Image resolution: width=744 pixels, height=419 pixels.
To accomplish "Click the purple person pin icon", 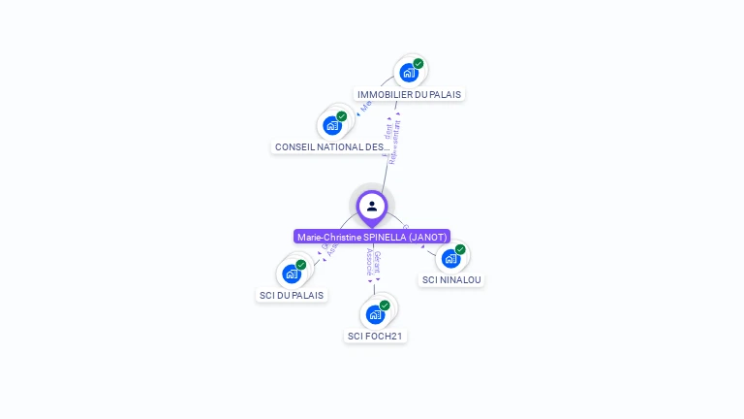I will coord(372,206).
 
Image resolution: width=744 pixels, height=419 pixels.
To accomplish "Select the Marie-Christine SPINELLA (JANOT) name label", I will coord(372,237).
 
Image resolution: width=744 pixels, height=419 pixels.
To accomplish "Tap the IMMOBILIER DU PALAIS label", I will coord(409,94).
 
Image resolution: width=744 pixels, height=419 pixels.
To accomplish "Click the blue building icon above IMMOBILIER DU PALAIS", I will coord(409,73).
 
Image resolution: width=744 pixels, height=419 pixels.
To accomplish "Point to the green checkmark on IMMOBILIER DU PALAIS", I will coord(418,64).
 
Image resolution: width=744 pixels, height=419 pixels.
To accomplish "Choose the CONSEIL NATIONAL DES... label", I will coord(332,147).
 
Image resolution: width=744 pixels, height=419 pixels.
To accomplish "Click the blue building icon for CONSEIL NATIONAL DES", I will coord(332,125).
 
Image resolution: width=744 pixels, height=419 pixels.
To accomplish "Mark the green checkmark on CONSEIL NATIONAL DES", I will coord(342,116).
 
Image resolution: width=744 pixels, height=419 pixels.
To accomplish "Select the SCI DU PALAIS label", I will coord(292,295).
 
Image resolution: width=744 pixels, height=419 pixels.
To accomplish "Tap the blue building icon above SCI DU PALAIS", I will coord(292,274).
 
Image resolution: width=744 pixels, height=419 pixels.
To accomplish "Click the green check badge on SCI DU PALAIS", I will coord(301,265).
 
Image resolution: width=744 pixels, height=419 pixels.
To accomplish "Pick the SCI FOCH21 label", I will coord(375,337).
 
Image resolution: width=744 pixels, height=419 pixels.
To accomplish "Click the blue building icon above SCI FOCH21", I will coord(375,314).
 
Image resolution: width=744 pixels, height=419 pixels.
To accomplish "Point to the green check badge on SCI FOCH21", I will coord(385,306).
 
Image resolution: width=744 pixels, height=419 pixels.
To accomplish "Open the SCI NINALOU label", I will coord(451,280).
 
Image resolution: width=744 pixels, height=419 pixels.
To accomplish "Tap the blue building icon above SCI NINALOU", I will coord(450,258).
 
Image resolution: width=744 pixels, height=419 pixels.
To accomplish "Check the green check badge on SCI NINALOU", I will coord(460,249).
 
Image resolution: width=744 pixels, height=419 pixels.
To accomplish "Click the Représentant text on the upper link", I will coord(395,143).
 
